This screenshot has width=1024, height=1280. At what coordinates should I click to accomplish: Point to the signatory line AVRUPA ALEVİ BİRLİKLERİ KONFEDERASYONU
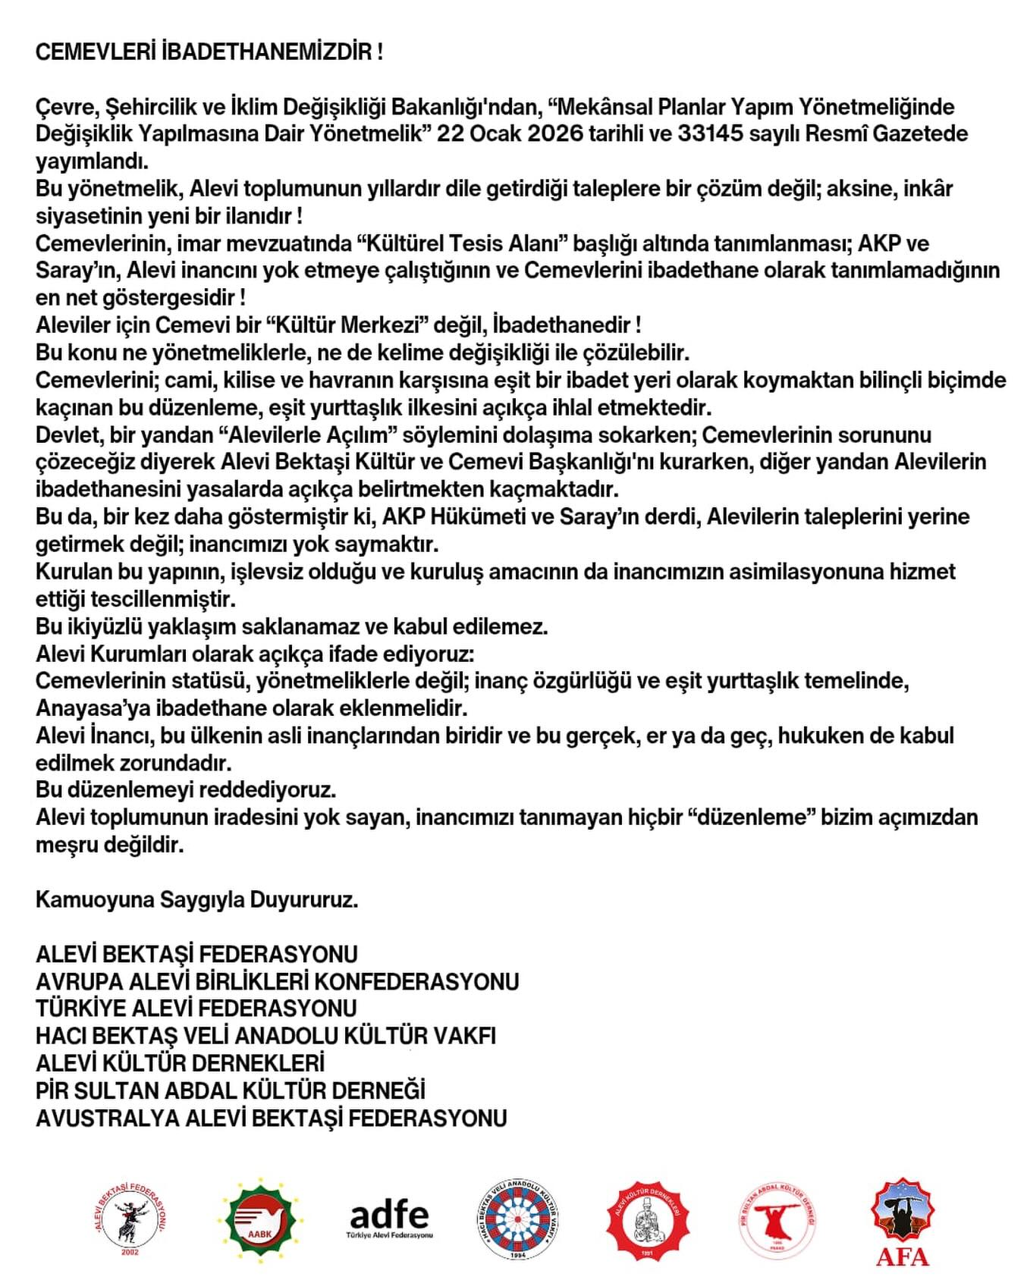277,982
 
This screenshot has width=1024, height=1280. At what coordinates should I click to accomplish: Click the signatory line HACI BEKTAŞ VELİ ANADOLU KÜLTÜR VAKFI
265,1037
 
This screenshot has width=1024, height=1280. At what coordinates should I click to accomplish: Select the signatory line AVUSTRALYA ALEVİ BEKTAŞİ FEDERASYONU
271,1118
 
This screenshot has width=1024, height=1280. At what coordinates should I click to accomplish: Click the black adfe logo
389,1219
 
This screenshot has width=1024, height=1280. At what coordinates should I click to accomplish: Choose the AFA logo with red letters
903,1222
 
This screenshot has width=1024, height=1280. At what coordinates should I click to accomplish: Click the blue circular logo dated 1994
519,1219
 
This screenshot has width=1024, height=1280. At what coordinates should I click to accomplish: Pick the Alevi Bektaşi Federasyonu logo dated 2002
130,1219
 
